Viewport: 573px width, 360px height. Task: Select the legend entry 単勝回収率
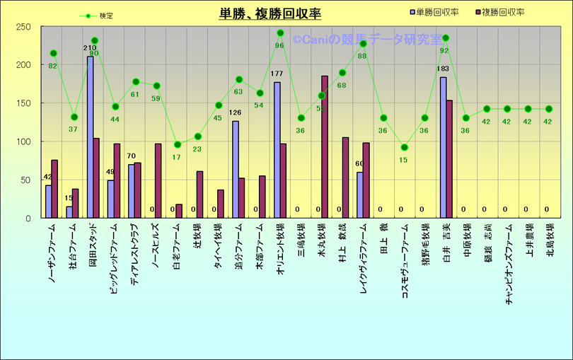pyautogui.click(x=439, y=13)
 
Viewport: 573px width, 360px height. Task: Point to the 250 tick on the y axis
pyautogui.click(x=23, y=27)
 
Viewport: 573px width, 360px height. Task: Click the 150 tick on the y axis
pyautogui.click(x=23, y=103)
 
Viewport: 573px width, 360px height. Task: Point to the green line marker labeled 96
pyautogui.click(x=280, y=33)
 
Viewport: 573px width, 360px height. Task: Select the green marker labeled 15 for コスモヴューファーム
pyautogui.click(x=405, y=148)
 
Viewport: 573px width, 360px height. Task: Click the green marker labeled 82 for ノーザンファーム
pyautogui.click(x=53, y=54)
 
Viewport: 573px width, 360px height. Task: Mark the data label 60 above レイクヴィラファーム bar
pyautogui.click(x=359, y=163)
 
